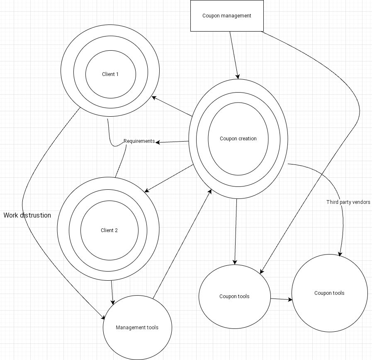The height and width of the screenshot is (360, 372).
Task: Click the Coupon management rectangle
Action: tap(227, 16)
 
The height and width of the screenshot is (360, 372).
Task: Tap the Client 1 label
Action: tap(110, 74)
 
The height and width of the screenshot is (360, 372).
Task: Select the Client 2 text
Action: tap(109, 230)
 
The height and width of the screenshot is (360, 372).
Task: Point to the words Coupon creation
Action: tap(238, 139)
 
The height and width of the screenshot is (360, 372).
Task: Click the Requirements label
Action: tap(139, 141)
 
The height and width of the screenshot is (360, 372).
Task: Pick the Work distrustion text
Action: tap(27, 215)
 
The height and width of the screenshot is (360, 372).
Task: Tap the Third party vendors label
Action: tap(348, 202)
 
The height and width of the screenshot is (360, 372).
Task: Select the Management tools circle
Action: tap(137, 328)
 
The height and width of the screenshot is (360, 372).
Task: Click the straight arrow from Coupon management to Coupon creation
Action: tap(234, 54)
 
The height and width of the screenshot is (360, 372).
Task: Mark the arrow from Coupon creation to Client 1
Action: tap(172, 107)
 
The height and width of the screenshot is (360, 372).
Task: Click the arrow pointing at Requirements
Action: tap(172, 142)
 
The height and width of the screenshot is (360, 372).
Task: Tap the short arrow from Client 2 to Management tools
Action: tap(112, 293)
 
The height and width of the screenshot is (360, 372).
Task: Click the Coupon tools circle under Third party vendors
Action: tap(329, 293)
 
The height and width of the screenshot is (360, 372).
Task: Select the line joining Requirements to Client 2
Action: tap(121, 164)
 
